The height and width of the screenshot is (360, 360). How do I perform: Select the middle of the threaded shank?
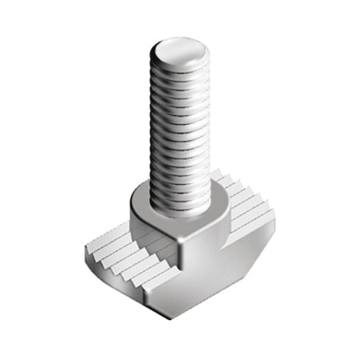pyautogui.click(x=180, y=128)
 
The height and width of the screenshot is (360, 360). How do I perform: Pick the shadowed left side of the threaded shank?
pyautogui.click(x=155, y=128)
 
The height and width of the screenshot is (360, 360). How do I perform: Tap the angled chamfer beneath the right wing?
pyautogui.click(x=240, y=256)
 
